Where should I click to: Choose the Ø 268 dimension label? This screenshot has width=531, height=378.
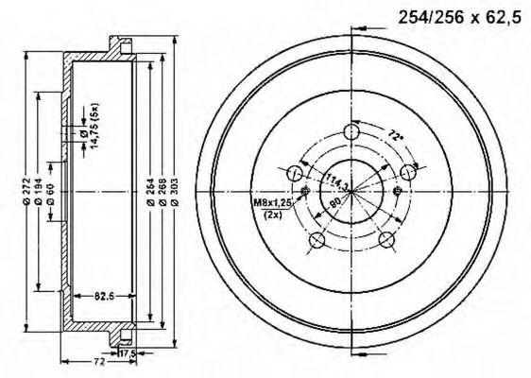(163, 190)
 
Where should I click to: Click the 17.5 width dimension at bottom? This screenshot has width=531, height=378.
(126, 353)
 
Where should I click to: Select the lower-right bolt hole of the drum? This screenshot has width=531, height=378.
(386, 242)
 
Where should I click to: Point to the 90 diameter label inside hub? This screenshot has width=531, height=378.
(334, 201)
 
